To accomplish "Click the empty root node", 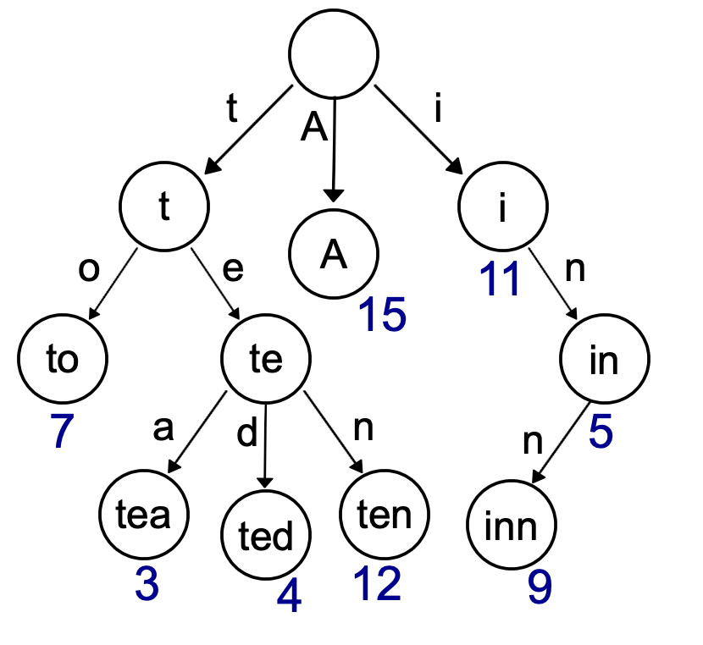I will point(334,52).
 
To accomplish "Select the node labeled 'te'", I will point(265,359).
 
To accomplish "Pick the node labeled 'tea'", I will point(145,514).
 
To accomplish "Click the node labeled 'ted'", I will point(266,536).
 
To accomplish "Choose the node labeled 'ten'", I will point(385,514).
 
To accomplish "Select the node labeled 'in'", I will point(604,359).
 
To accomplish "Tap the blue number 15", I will point(381,315).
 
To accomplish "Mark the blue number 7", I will point(62,431).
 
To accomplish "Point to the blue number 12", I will point(377,583).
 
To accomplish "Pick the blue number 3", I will point(147,584).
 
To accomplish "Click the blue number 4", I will point(289,598).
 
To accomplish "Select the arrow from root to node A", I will point(335,148).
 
